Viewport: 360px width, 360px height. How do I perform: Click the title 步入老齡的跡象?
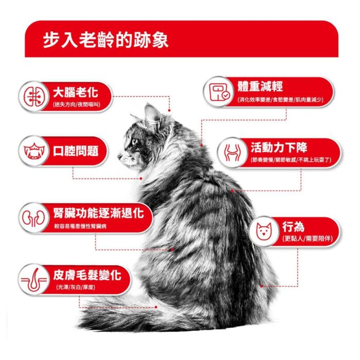105,41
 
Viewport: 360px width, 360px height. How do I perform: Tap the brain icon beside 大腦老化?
34,97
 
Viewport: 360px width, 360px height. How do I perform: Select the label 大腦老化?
76,93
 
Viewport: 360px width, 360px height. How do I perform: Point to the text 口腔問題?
76,151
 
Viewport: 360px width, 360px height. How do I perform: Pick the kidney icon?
34,218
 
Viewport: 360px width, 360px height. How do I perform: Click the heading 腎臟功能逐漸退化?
99,213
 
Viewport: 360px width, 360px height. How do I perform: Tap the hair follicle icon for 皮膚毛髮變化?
34,280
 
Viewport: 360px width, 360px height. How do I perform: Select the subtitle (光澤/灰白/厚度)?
76,287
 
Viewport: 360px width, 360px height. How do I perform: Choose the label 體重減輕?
260,86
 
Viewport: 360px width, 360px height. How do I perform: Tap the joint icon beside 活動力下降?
232,152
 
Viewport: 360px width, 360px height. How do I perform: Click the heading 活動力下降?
279,148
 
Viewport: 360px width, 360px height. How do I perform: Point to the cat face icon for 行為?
264,231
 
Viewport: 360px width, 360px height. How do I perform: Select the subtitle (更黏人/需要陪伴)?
308,239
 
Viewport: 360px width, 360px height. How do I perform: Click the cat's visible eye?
134,141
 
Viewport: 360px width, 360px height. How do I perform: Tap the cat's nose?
119,156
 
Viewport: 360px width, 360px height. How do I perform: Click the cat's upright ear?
152,115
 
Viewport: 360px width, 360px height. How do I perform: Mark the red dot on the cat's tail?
156,307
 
